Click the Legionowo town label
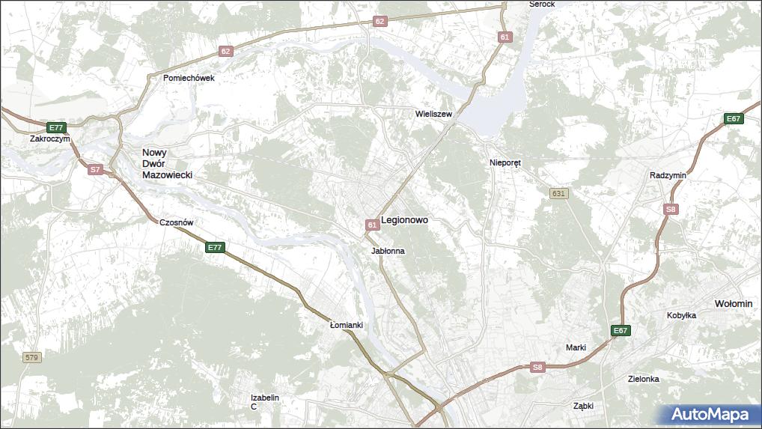(404, 220)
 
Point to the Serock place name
(541, 4)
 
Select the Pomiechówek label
(189, 78)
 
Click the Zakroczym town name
(50, 139)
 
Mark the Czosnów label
(177, 222)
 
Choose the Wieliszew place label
(434, 114)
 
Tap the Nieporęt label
(505, 162)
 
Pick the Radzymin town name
(668, 175)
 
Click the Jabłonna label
(388, 251)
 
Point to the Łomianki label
(347, 325)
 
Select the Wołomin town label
(734, 303)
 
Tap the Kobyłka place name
(681, 315)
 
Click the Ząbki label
(583, 405)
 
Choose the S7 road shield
(95, 170)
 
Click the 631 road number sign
(558, 193)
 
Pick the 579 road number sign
(31, 358)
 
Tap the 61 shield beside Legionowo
(372, 225)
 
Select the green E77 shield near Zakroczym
(56, 127)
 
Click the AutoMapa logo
(710, 414)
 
